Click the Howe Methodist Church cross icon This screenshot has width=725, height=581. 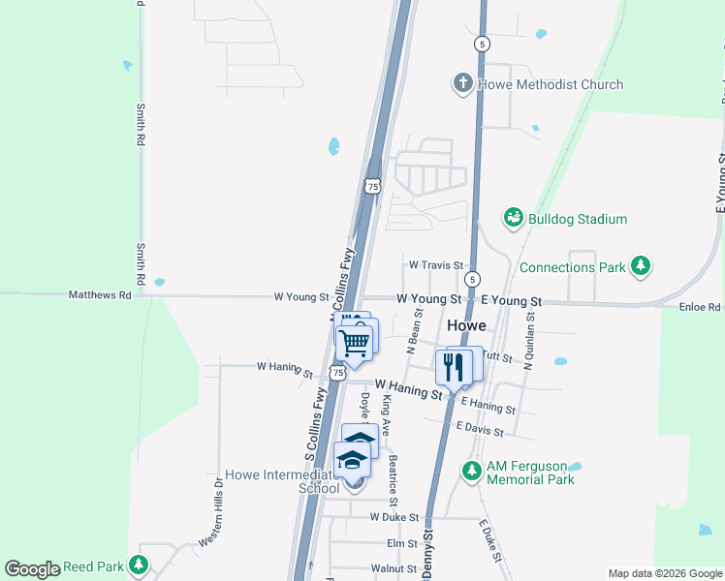[462, 84]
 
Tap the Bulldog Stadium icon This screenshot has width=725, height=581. [514, 219]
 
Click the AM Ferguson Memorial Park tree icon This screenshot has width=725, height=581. [471, 471]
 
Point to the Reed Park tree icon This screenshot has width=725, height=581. [140, 564]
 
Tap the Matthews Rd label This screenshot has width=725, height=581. [99, 294]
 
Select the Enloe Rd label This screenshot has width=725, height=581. [700, 307]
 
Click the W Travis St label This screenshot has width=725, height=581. [434, 264]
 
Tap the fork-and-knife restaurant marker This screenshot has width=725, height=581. [453, 366]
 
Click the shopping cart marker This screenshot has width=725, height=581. [354, 342]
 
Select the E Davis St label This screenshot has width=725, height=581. [479, 427]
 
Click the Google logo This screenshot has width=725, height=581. [33, 568]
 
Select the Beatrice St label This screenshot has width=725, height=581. [393, 480]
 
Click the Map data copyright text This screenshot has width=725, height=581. [664, 573]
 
